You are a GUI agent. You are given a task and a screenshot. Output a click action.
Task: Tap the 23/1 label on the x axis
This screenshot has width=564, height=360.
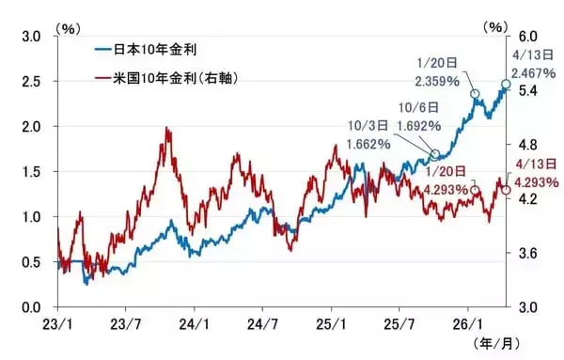click(58, 322)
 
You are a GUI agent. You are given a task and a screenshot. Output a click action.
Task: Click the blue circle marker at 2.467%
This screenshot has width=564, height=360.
click(506, 85)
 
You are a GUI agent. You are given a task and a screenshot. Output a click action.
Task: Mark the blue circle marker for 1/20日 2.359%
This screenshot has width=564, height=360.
click(475, 94)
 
